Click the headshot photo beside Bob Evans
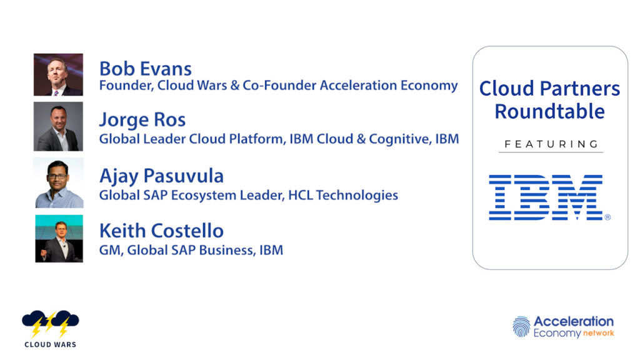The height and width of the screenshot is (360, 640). pyautogui.click(x=58, y=75)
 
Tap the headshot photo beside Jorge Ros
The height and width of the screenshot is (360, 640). pyautogui.click(x=58, y=126)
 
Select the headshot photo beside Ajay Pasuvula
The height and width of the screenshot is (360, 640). pyautogui.click(x=59, y=183)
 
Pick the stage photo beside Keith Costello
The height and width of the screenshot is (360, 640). pyautogui.click(x=59, y=238)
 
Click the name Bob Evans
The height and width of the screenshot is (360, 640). pyautogui.click(x=145, y=69)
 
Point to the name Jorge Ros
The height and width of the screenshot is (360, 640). pyautogui.click(x=142, y=120)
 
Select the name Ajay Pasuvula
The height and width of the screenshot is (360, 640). pyautogui.click(x=162, y=176)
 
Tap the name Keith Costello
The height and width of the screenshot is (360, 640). pyautogui.click(x=162, y=231)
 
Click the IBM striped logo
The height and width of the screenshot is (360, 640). pyautogui.click(x=546, y=197)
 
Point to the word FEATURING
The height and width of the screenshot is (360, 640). pyautogui.click(x=551, y=144)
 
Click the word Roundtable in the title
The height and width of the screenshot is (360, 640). pyautogui.click(x=550, y=111)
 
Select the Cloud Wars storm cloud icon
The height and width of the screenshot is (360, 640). pyautogui.click(x=50, y=323)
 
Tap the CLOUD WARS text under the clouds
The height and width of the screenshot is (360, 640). pyautogui.click(x=50, y=344)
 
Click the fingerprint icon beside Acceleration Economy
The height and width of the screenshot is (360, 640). pyautogui.click(x=521, y=326)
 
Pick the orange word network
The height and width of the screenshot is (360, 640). pyautogui.click(x=598, y=333)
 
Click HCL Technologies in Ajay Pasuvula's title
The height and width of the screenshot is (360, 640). pyautogui.click(x=343, y=195)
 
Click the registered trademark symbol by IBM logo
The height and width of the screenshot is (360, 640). pyautogui.click(x=607, y=217)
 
